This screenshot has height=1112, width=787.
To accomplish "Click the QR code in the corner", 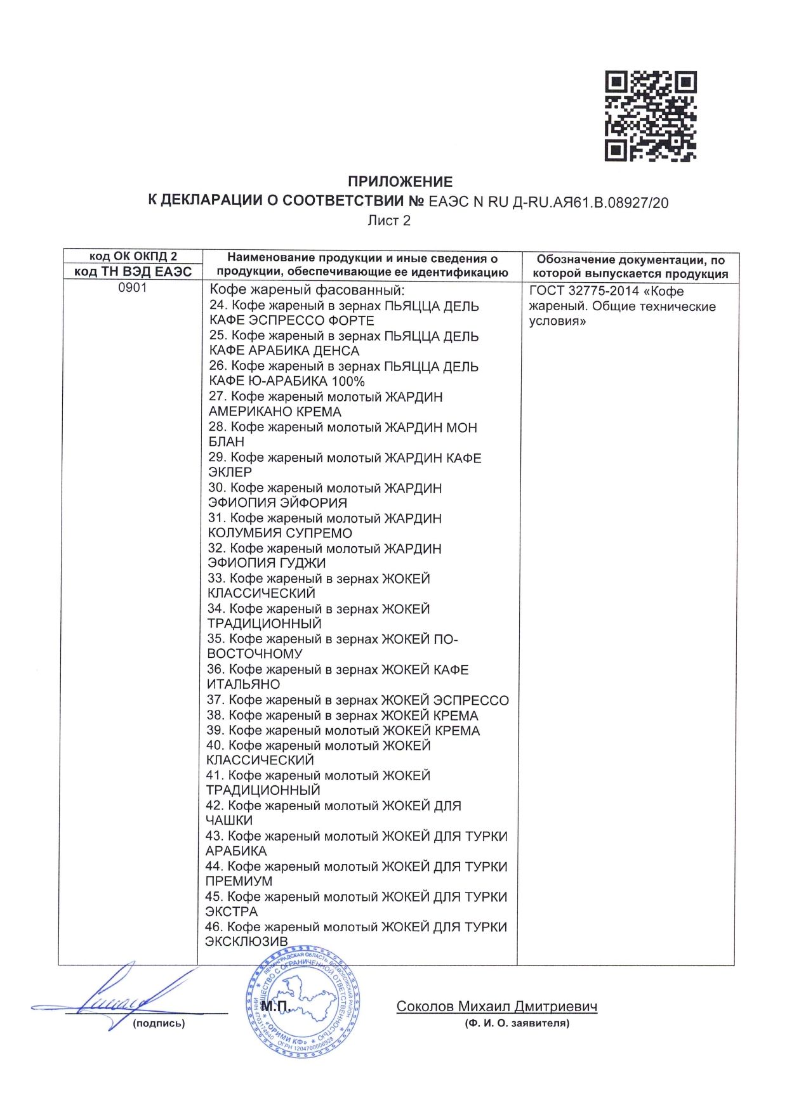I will click(x=651, y=115).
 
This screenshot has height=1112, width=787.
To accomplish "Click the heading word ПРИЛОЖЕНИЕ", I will click(x=400, y=182).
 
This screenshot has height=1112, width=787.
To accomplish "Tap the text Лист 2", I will click(x=389, y=221).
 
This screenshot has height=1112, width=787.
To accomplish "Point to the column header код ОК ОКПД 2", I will click(x=133, y=256).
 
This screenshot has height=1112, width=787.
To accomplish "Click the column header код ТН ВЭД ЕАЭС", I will click(x=133, y=272).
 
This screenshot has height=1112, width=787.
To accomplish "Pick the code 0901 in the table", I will click(x=133, y=288).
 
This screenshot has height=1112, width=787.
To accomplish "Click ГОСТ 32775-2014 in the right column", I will click(x=584, y=291).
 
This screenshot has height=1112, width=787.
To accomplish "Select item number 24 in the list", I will click(x=218, y=306).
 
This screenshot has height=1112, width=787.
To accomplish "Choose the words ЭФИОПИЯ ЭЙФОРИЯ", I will click(x=277, y=502).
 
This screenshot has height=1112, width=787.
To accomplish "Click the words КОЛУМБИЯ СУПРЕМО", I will click(x=280, y=533).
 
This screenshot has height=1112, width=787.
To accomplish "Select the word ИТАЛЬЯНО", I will click(x=243, y=684).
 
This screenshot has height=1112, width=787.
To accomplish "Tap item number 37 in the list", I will click(x=215, y=700).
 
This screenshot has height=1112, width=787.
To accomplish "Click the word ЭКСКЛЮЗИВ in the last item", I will click(x=246, y=941).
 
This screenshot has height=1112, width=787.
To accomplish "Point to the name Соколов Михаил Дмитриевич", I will click(x=496, y=1006).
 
